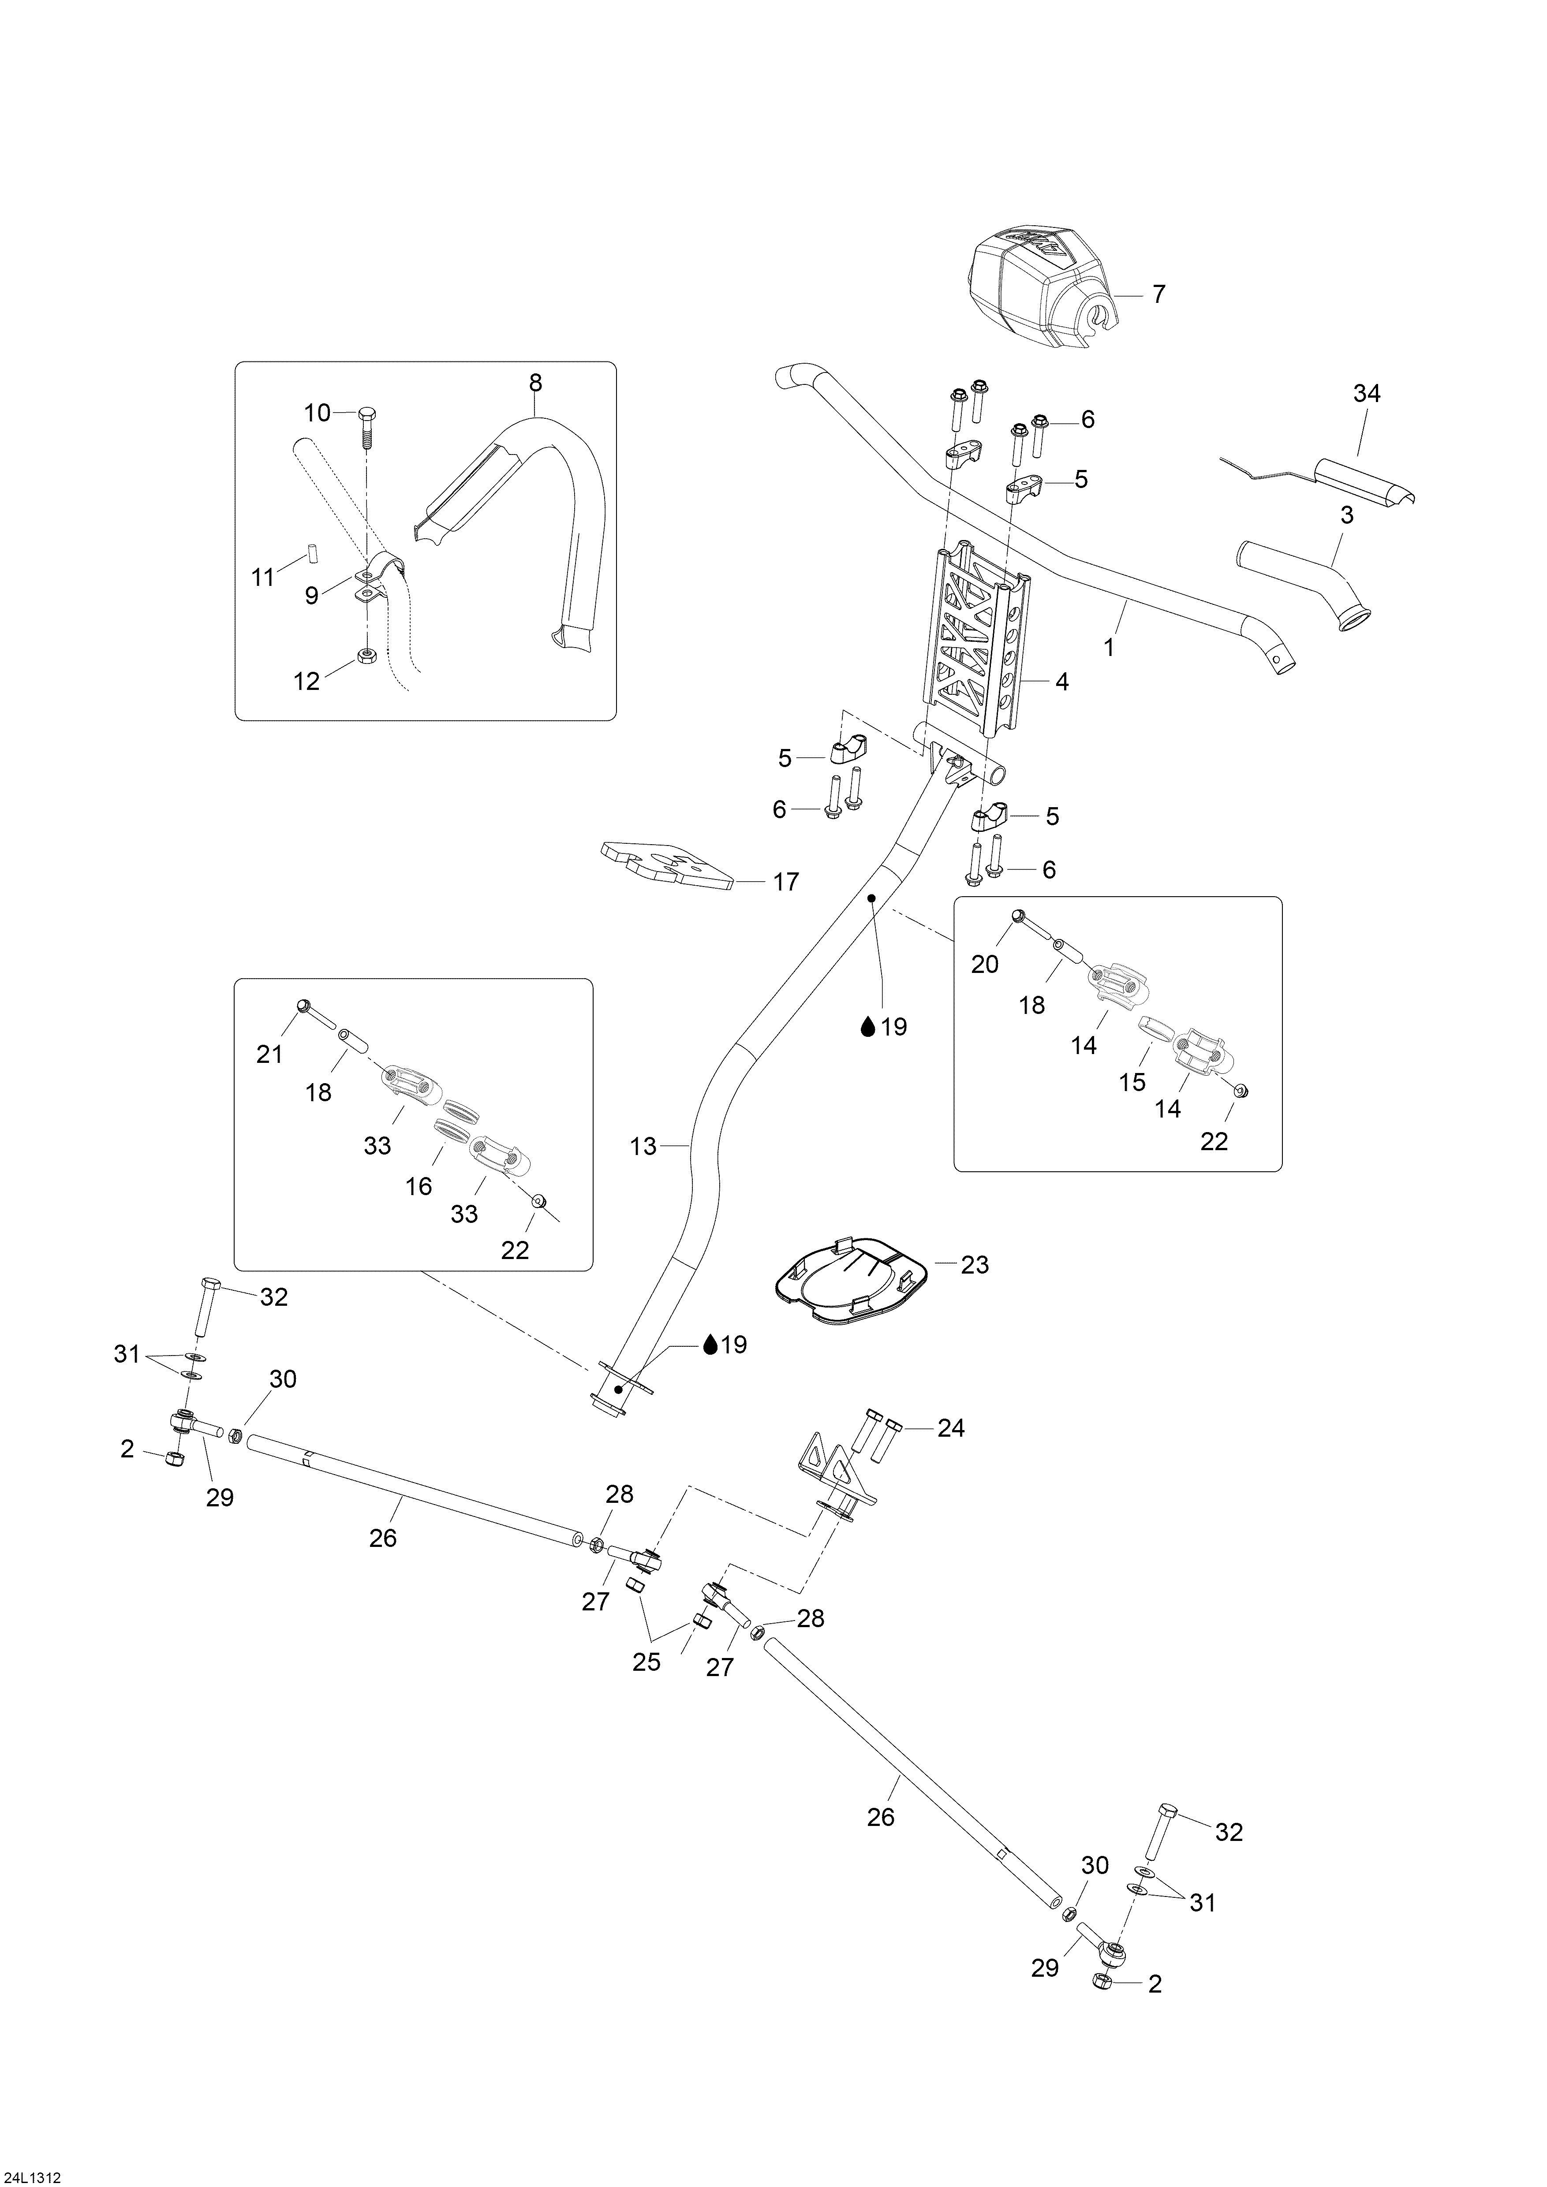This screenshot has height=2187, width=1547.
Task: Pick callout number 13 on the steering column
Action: tap(644, 1146)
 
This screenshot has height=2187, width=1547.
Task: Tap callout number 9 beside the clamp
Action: tap(311, 595)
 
